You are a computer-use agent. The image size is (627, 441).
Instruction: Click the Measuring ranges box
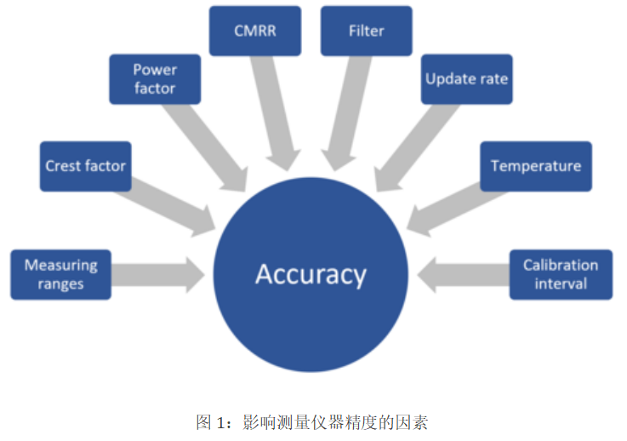(60, 274)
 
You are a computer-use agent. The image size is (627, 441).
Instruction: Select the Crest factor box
(87, 165)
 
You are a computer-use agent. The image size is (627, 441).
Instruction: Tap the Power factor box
(155, 79)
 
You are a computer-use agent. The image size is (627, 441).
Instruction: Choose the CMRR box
(254, 31)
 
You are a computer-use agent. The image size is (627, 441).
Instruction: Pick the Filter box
(366, 31)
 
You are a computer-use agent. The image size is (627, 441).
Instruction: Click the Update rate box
(466, 79)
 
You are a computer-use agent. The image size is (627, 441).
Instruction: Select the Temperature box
(535, 165)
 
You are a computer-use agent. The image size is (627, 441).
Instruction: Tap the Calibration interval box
(560, 274)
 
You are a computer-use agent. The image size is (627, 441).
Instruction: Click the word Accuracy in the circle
(311, 275)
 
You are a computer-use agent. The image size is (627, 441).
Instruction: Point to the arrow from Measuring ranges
(158, 274)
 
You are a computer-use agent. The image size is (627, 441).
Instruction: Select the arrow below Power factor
(208, 145)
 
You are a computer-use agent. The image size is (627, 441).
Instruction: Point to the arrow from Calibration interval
(464, 274)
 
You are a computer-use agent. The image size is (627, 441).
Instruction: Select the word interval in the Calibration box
(561, 283)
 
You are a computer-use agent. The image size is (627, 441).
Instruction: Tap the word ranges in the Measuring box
(60, 284)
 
